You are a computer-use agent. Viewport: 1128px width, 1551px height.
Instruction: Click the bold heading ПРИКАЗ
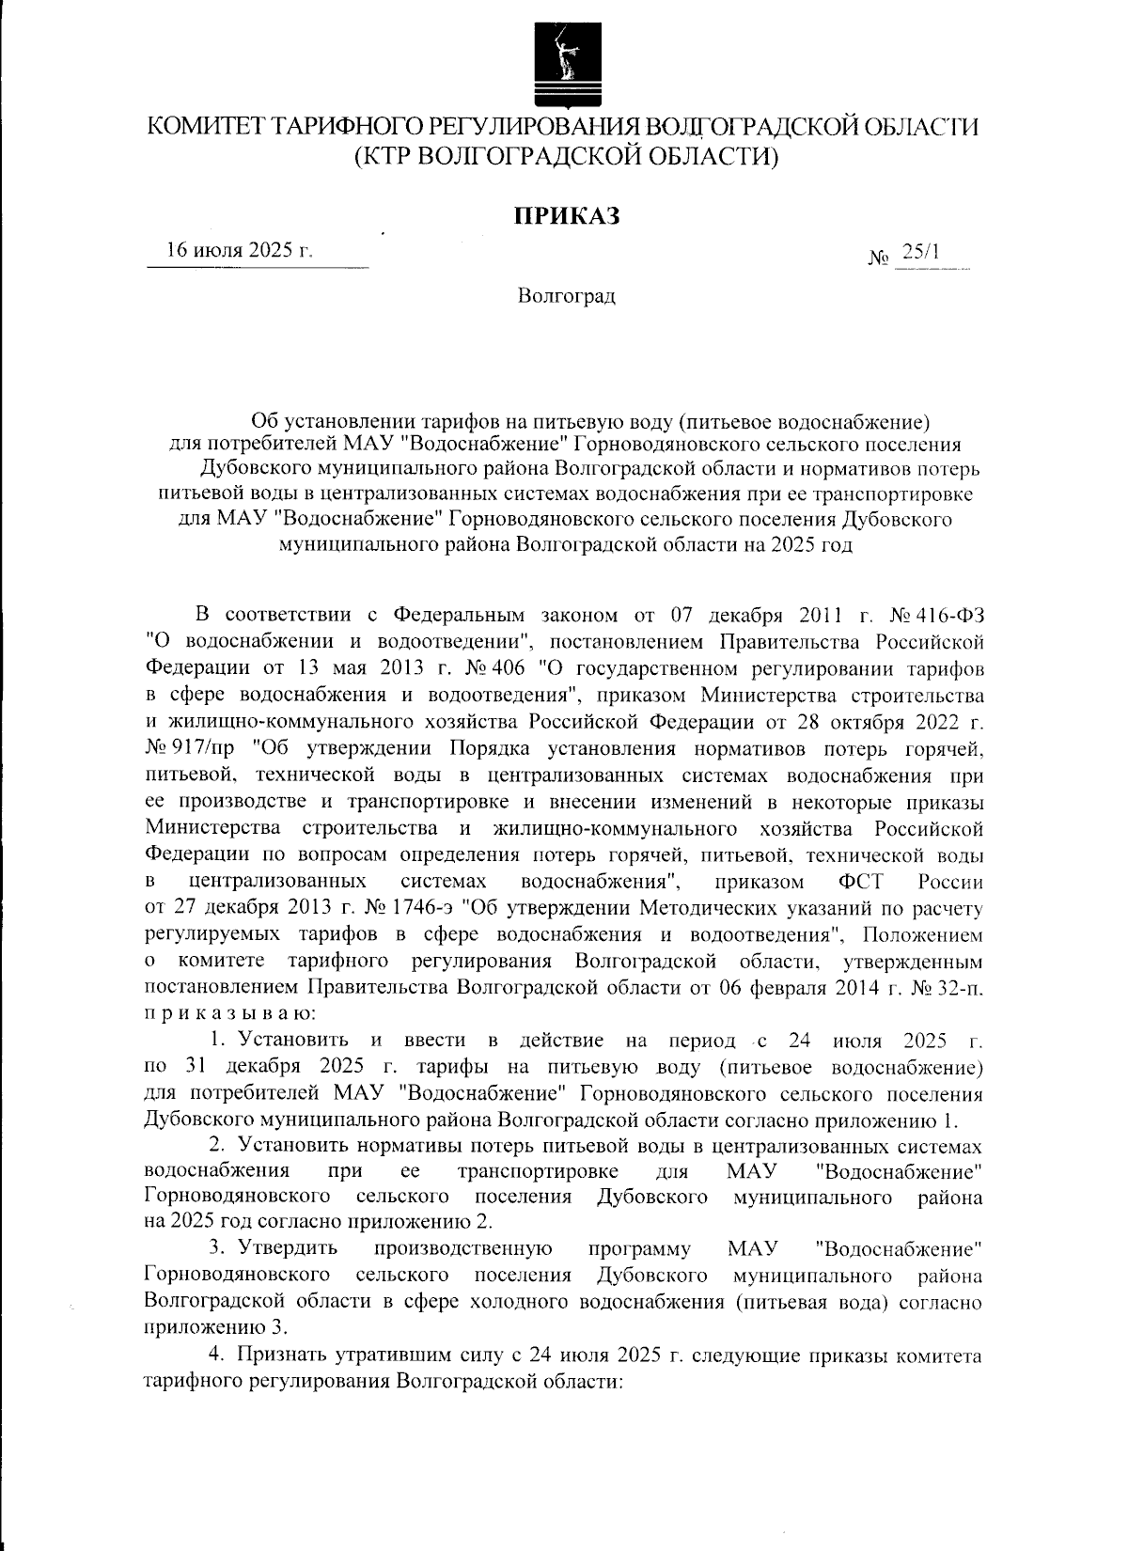point(566,216)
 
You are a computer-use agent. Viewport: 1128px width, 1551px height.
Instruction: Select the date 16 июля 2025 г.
point(239,251)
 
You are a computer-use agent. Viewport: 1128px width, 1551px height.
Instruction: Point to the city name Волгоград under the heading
point(566,297)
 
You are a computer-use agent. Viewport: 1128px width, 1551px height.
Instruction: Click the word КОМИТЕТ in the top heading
point(201,126)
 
